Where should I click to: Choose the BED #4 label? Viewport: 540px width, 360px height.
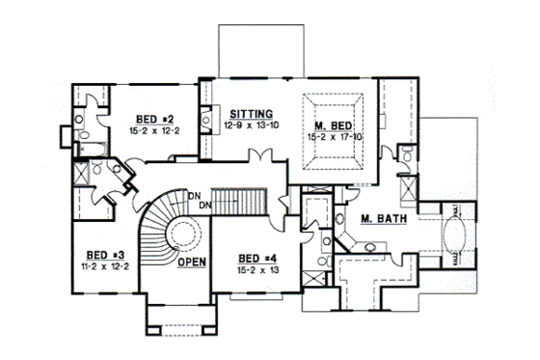coord(253,259)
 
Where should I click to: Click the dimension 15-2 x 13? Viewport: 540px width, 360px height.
coord(253,271)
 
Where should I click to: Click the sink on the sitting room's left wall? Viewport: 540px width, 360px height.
coord(207,123)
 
